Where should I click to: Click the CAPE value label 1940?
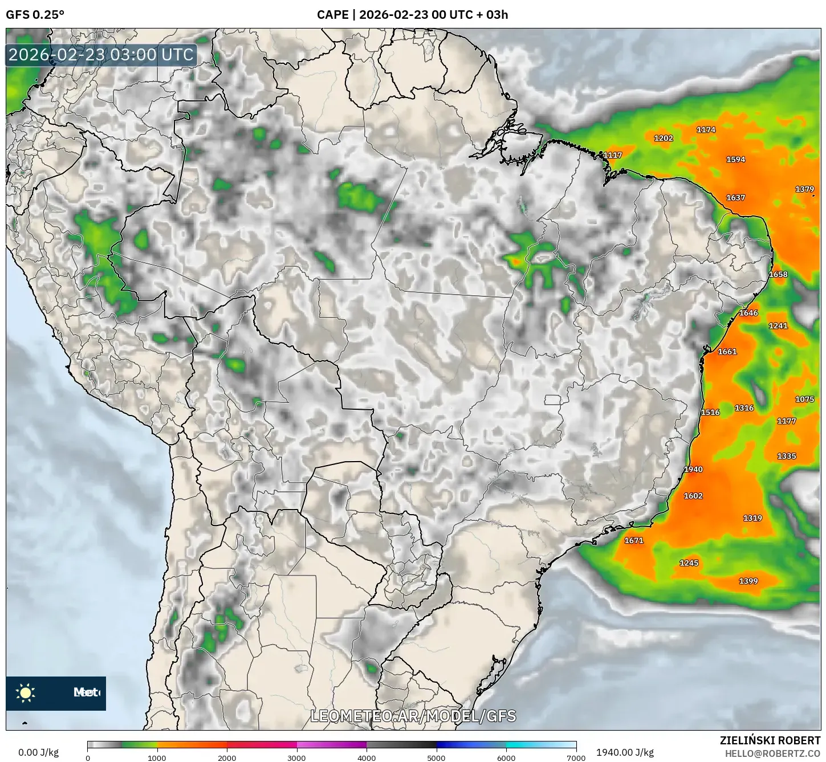693,469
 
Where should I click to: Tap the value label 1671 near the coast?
634,540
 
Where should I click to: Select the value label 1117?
613,155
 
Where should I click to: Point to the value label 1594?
735,160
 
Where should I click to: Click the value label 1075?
805,400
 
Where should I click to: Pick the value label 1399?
748,581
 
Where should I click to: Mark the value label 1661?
727,352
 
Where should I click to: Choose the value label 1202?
664,138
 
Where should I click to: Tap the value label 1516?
710,412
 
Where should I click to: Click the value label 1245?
689,563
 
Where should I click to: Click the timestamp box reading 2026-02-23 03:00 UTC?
101,55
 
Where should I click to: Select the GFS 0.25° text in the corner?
35,15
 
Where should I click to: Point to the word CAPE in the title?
332,15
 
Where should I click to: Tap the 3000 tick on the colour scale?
297,757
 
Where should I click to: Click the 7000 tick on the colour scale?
576,757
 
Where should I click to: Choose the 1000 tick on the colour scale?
157,757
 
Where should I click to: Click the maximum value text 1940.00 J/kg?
625,752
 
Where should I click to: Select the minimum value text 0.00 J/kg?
39,752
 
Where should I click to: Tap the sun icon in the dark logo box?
26,693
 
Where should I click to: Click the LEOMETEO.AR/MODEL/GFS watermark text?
413,716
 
